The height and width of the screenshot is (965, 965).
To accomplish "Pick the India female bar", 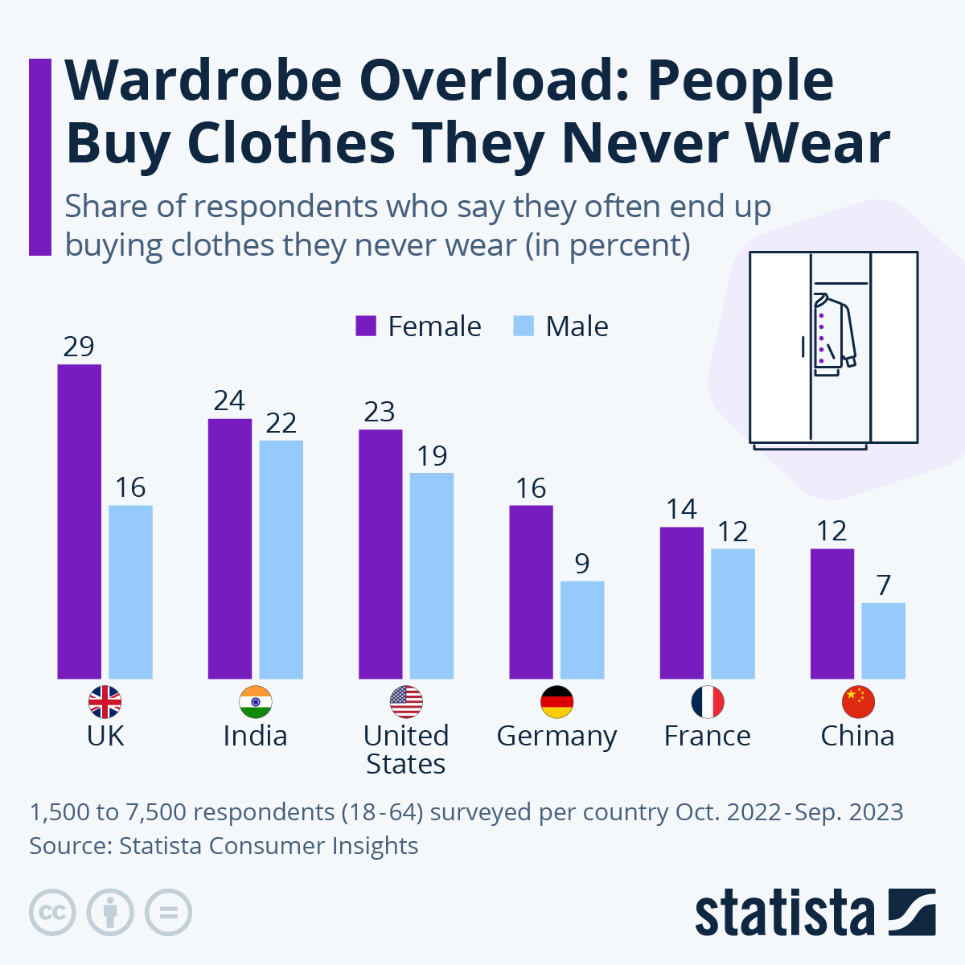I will [229, 548].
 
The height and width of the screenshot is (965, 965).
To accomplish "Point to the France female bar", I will [681, 602].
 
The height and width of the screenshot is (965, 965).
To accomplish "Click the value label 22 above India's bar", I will [281, 423].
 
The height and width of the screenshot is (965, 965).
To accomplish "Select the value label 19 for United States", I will [432, 456].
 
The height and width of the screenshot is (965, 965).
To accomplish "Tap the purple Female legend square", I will [366, 326].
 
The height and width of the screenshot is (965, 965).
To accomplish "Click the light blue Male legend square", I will [524, 326].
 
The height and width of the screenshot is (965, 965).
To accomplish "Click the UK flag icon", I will [105, 702].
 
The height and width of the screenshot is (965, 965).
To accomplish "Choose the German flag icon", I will [556, 702].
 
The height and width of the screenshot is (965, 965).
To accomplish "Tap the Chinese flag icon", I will [857, 702].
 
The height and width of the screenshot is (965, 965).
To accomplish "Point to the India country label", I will [255, 736].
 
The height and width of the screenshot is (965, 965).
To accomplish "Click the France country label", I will [707, 736].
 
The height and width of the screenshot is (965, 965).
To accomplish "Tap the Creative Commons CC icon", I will [52, 913].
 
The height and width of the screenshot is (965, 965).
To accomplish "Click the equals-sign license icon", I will [168, 913].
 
